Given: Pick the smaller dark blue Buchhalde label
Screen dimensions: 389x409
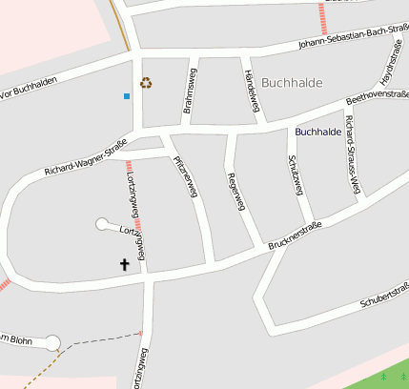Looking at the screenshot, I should [x=318, y=132].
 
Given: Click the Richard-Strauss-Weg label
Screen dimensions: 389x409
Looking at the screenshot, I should [x=355, y=144].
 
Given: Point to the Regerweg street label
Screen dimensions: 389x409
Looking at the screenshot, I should [x=235, y=191].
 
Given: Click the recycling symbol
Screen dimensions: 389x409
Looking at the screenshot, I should [x=146, y=83].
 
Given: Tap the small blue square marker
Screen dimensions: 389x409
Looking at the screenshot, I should [x=127, y=95].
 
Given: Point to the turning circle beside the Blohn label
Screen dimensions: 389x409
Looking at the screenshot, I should [x=52, y=341].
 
